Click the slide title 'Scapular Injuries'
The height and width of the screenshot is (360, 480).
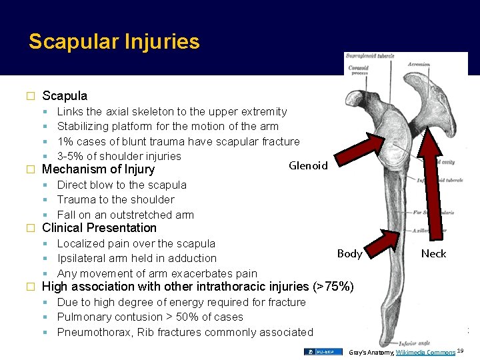click(x=114, y=42)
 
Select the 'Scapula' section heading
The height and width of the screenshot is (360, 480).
click(x=65, y=96)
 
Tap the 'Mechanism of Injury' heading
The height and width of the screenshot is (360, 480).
click(x=98, y=169)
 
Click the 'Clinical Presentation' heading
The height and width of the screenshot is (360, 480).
click(x=99, y=228)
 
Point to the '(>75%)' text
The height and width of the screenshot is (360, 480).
click(x=333, y=287)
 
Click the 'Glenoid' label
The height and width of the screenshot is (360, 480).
click(x=308, y=165)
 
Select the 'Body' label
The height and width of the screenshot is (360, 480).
click(x=349, y=253)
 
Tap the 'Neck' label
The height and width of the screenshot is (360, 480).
click(x=433, y=253)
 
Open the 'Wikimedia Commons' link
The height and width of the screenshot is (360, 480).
click(x=425, y=351)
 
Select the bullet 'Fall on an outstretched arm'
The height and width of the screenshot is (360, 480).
click(x=125, y=215)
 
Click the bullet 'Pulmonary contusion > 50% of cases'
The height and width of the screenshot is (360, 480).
click(x=150, y=317)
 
